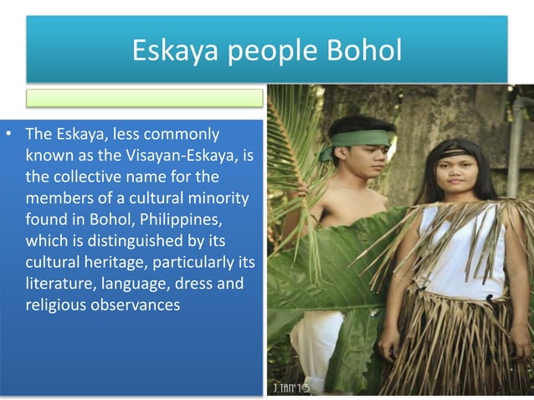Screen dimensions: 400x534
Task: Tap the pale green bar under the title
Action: pos(144,98)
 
